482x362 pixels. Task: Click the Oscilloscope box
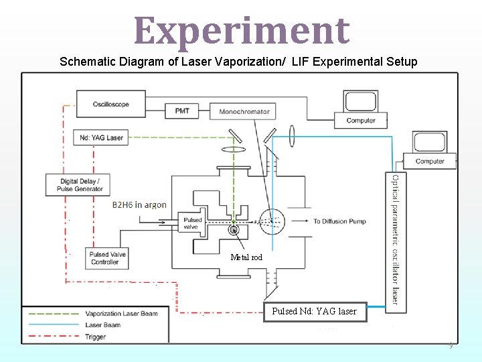point(111,105)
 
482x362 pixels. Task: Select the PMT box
point(182,111)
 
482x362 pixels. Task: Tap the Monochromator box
point(244,111)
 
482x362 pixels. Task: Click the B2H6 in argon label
point(139,205)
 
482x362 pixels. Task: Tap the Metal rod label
point(246,257)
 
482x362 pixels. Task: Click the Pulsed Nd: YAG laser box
point(314,311)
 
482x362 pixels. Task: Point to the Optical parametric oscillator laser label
point(396,239)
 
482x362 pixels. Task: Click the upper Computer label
point(361,121)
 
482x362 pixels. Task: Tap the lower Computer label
point(430,161)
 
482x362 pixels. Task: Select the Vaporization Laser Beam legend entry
point(120,313)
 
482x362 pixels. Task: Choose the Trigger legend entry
point(95,337)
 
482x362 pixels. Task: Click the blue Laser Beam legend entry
point(103,325)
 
